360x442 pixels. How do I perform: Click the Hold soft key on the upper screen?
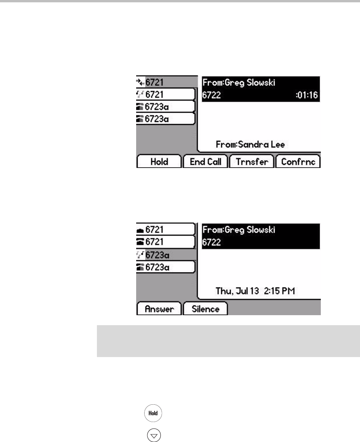click(x=159, y=162)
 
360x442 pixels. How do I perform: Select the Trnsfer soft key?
click(x=252, y=162)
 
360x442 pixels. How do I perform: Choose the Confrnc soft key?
click(x=298, y=162)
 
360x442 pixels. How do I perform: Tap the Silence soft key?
click(x=205, y=309)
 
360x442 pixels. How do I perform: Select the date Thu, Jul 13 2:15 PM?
click(x=255, y=291)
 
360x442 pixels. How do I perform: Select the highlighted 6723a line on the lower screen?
click(x=165, y=254)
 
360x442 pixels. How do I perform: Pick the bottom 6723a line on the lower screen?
click(x=165, y=267)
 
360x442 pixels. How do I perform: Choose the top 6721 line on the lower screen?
click(x=165, y=230)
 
